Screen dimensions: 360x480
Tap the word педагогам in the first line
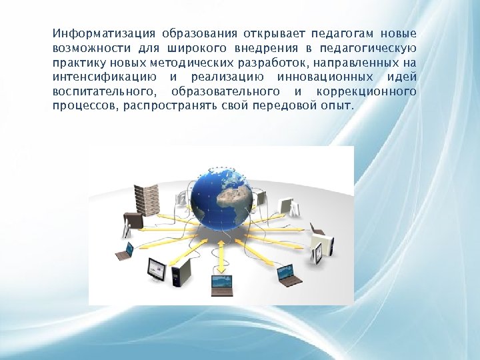tap(340, 33)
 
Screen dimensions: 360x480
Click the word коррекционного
tap(365, 91)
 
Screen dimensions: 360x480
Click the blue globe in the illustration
tap(221, 197)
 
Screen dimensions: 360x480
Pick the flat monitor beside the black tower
tap(157, 269)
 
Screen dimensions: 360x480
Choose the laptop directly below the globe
tap(222, 284)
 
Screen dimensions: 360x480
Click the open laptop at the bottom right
tap(287, 274)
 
